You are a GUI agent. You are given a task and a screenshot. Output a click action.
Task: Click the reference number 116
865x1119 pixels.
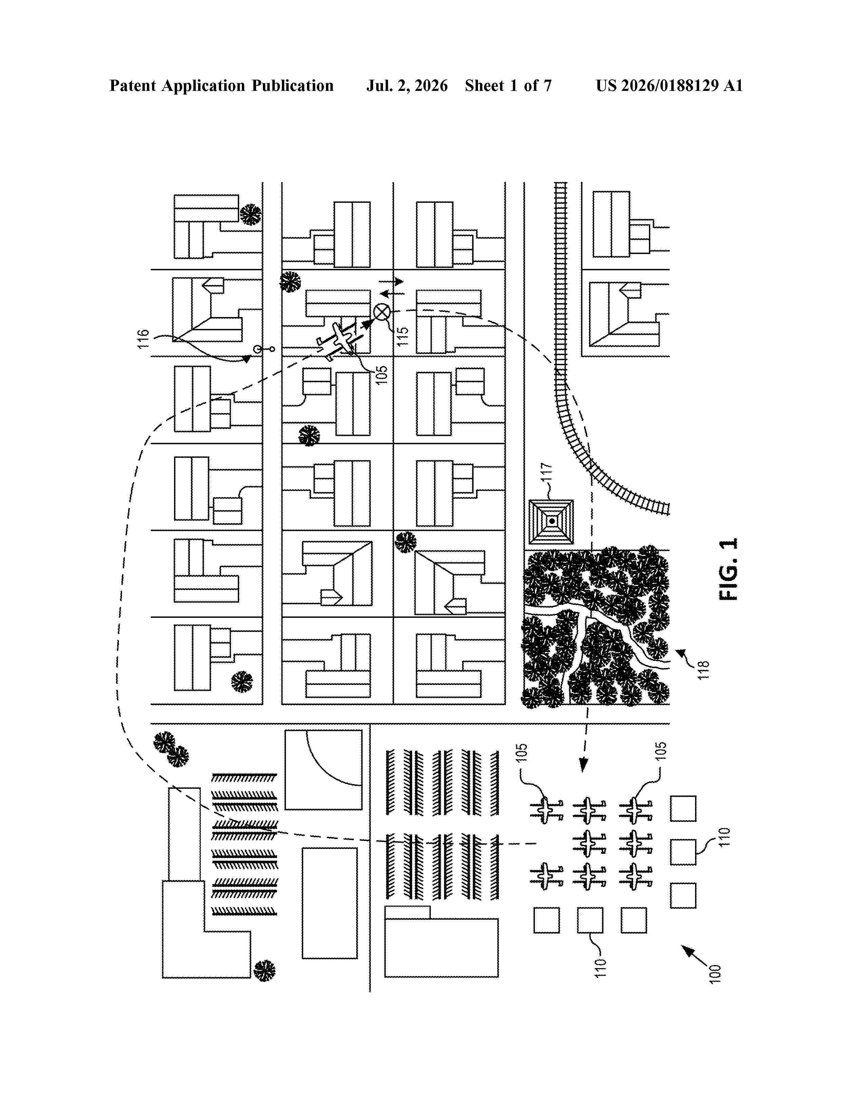click(x=143, y=339)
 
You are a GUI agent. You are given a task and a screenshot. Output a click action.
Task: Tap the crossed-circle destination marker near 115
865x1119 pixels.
click(x=381, y=312)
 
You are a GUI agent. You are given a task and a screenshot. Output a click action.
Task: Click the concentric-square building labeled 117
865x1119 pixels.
click(x=551, y=522)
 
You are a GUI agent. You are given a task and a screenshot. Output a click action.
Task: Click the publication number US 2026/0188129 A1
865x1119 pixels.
click(x=669, y=85)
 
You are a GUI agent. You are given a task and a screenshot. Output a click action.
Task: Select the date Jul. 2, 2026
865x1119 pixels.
click(x=407, y=85)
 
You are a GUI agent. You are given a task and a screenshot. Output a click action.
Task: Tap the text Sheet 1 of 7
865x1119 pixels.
click(x=508, y=85)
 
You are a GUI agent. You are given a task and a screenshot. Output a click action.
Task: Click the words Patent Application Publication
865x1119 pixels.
click(x=222, y=85)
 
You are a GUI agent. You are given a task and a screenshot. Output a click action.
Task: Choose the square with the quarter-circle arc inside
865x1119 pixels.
click(x=323, y=770)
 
